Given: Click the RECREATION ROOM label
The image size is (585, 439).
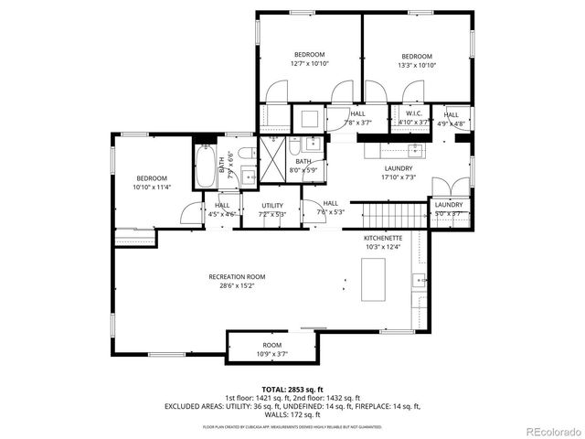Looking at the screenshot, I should tap(237, 276).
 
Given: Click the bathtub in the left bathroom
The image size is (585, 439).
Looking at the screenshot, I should tap(207, 169).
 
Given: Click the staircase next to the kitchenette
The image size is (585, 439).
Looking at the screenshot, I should tap(396, 217).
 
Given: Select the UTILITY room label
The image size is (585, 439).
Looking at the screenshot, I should tap(272, 205).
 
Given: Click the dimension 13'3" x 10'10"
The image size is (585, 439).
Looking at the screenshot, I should tap(416, 65).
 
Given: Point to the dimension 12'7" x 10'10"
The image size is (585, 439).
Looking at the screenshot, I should tap(309, 65).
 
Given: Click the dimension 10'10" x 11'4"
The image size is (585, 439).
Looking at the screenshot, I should tap(152, 187).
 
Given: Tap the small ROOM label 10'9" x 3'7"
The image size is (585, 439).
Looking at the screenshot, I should tap(271, 345).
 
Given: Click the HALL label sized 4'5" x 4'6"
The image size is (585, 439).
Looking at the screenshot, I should tap(222, 205).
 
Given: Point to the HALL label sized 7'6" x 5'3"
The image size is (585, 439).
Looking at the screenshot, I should tap(330, 203).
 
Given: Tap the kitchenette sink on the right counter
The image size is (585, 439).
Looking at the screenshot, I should tap(420, 281).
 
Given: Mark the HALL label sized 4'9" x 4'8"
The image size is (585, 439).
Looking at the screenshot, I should tap(451, 114).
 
